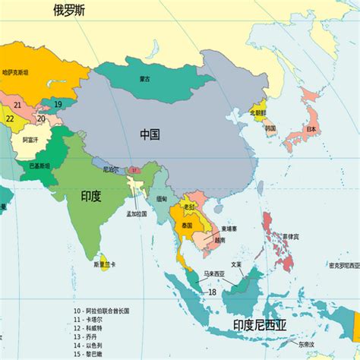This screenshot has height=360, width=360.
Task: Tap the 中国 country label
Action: (150, 134)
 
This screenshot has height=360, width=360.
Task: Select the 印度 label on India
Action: (91, 195)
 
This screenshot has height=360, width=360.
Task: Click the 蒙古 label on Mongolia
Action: (144, 78)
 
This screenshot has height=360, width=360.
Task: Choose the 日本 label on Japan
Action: (311, 130)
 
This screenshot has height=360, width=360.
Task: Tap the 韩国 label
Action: (270, 128)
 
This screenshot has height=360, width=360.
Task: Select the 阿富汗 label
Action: (31, 140)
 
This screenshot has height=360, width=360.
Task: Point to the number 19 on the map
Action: (58, 104)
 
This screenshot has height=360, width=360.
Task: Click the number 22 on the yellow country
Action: (10, 118)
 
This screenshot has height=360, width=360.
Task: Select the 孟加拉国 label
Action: (137, 215)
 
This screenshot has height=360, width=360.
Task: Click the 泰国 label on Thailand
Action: (188, 226)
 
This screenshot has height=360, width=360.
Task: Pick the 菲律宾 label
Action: (291, 236)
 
